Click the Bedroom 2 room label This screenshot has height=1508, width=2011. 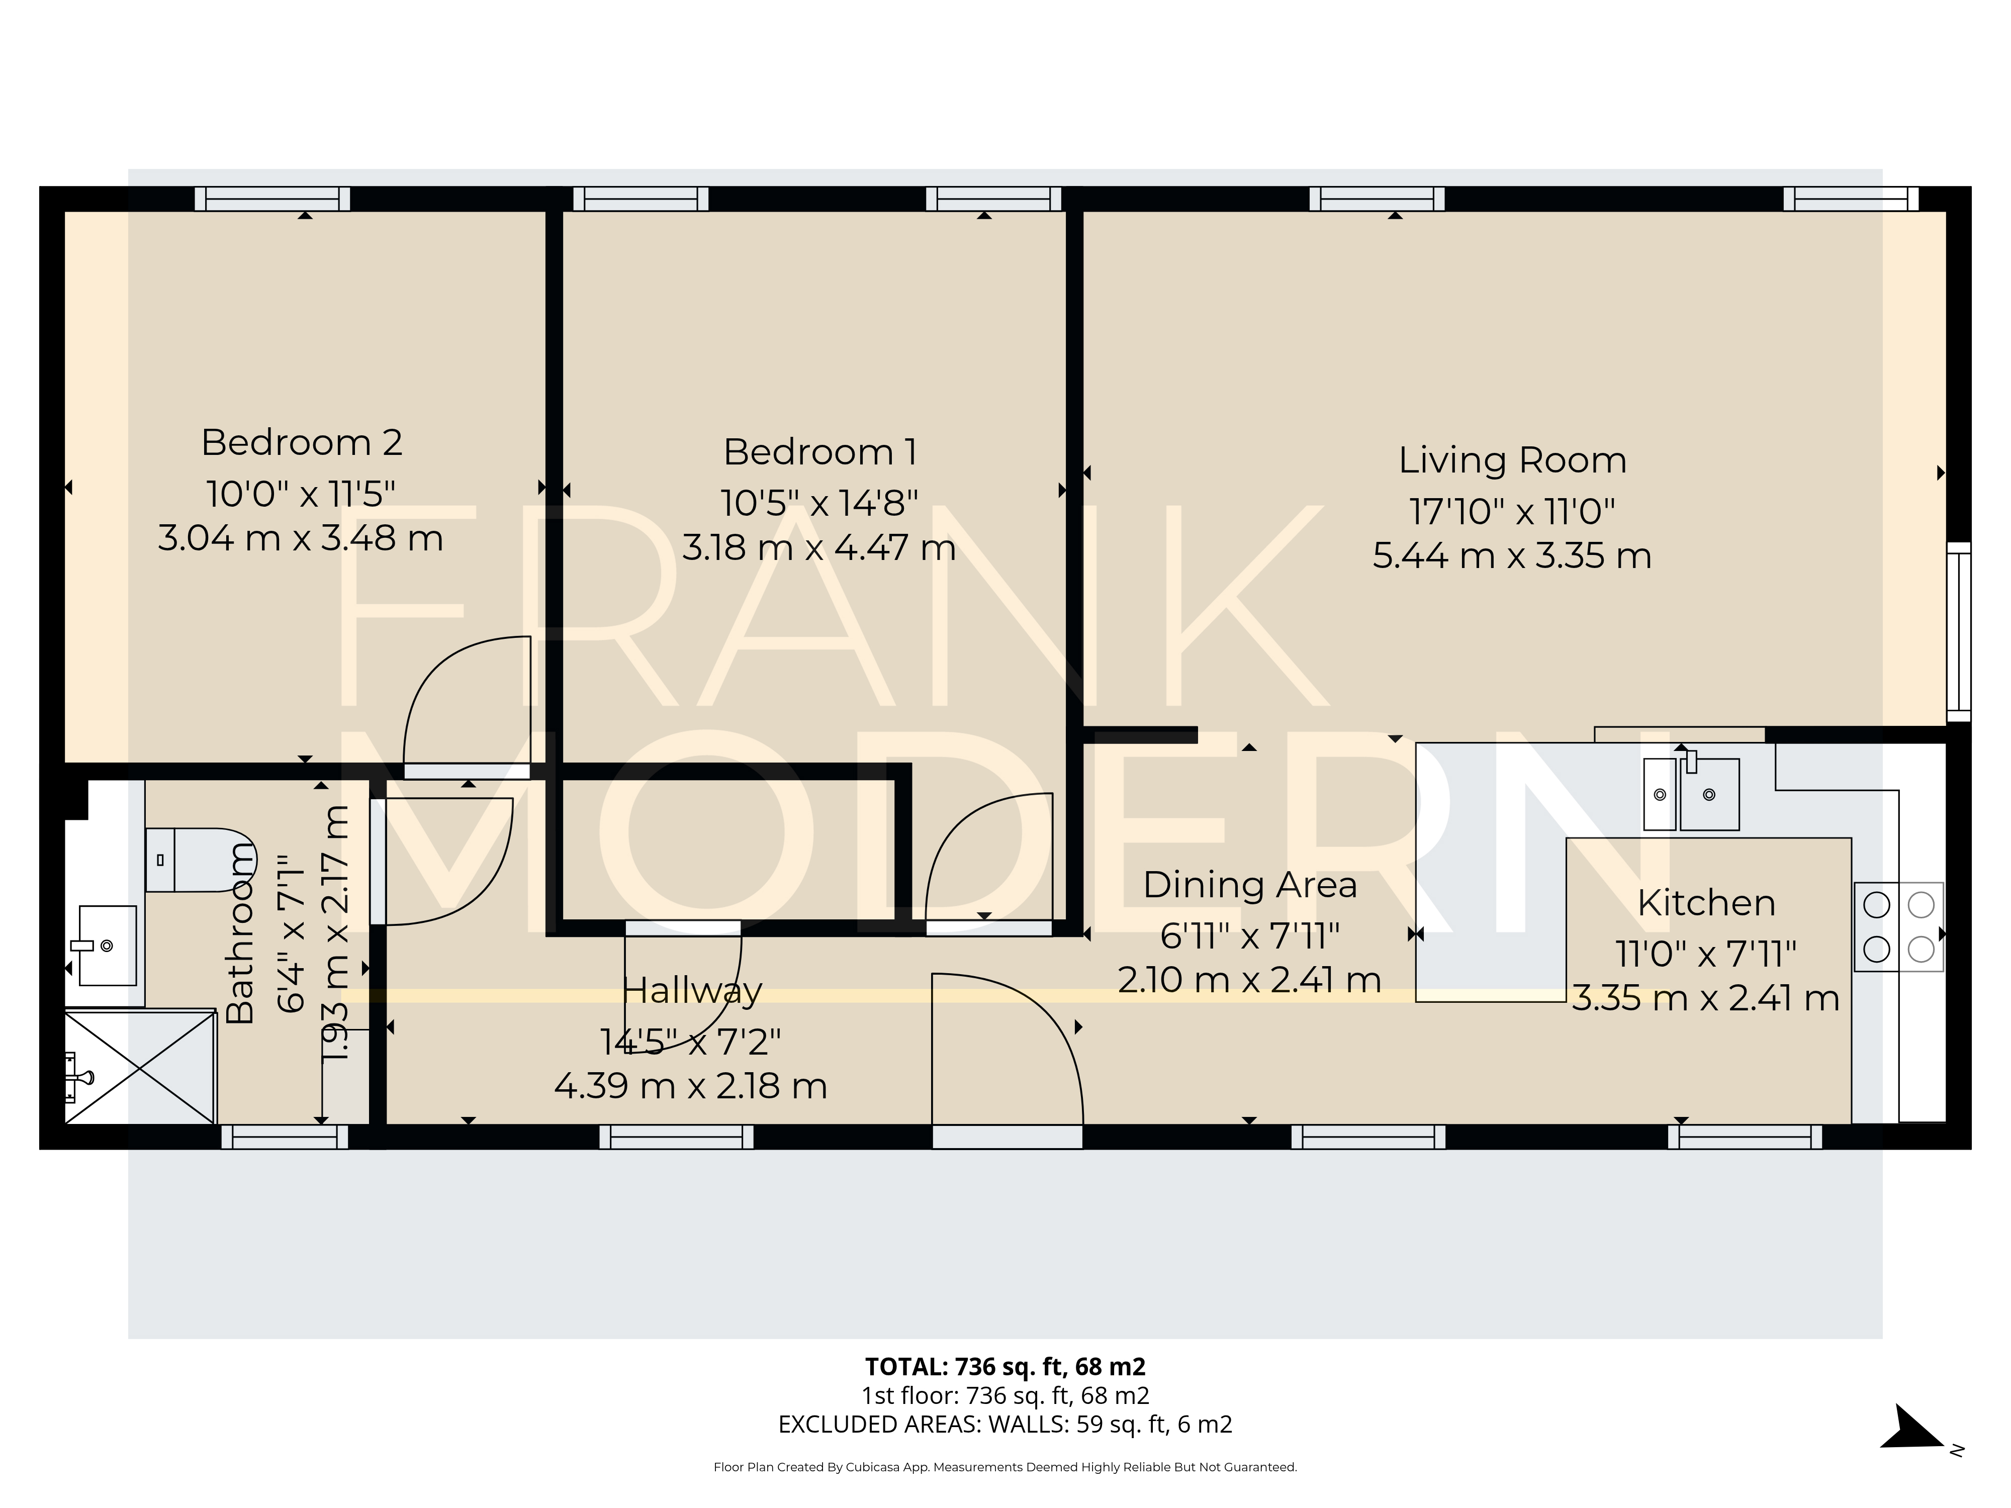[301, 443]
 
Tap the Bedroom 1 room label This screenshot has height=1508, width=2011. [819, 452]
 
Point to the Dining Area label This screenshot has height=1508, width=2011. [1249, 884]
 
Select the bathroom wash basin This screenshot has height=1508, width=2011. [107, 946]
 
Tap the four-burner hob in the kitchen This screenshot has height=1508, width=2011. [1898, 927]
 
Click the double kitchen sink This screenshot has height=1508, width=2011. [1691, 794]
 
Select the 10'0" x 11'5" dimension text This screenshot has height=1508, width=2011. [301, 495]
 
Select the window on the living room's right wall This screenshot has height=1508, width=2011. [1958, 632]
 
